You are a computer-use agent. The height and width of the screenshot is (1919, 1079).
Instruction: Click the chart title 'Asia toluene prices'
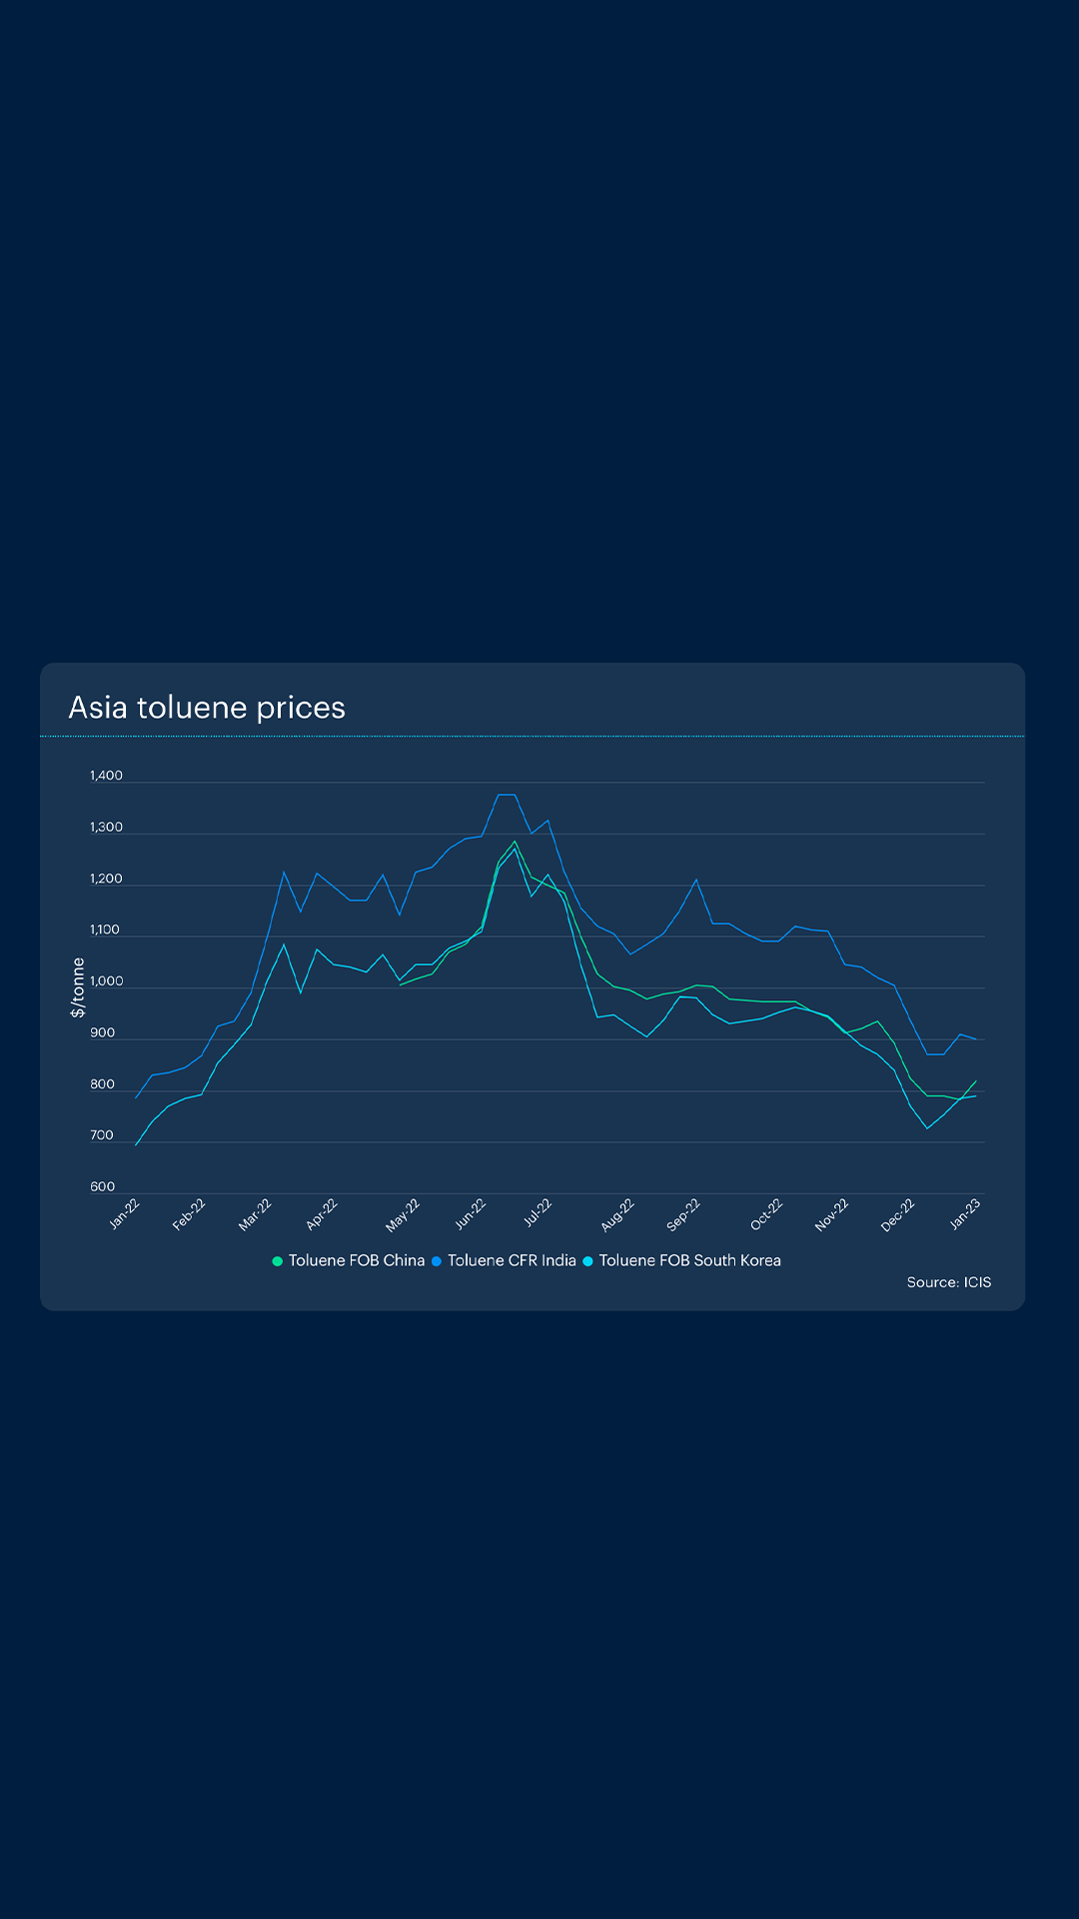[207, 708]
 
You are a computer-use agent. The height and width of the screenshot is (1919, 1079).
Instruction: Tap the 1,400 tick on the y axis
[106, 776]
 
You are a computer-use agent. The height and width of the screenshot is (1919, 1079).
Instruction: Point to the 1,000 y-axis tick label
[106, 981]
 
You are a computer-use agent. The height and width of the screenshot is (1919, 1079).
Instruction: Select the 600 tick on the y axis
[102, 1187]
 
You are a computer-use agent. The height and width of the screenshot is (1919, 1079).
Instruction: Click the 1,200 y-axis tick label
[106, 879]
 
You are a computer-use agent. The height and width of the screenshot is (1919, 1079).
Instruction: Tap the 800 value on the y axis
[102, 1084]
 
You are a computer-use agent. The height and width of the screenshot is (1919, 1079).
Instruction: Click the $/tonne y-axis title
[78, 987]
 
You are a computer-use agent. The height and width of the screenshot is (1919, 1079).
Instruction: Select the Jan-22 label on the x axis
[125, 1213]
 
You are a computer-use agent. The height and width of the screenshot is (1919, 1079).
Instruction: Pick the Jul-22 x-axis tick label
[538, 1212]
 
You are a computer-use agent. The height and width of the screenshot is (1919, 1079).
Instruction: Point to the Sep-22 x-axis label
[683, 1214]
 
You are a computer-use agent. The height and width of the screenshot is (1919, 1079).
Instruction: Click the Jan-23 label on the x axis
[965, 1213]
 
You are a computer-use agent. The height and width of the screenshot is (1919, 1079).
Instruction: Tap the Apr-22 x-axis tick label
[322, 1214]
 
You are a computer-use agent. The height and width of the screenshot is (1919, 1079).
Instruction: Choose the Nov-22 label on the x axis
[831, 1214]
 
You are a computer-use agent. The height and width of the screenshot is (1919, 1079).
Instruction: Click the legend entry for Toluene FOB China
[357, 1261]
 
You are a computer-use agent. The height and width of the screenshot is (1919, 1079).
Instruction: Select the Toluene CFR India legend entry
[512, 1261]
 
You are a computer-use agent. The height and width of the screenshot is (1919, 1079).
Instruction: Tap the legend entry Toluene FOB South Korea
[689, 1261]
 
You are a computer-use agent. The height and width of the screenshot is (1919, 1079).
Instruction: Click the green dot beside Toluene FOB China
[278, 1261]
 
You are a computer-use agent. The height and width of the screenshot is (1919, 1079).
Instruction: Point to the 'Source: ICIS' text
[948, 1282]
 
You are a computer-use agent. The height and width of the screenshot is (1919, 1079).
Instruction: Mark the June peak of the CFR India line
[506, 795]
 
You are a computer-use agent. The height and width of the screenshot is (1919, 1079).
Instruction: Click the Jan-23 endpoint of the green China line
[975, 1080]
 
